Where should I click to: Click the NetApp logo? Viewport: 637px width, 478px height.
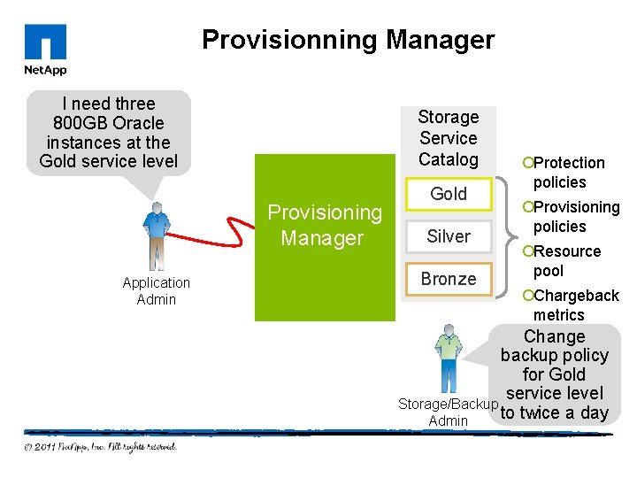(45, 50)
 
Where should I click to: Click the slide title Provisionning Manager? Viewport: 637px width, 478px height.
(348, 40)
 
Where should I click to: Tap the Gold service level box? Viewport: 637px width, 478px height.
(448, 194)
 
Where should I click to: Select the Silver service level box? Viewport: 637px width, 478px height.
(448, 236)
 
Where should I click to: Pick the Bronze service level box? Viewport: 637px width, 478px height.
(448, 279)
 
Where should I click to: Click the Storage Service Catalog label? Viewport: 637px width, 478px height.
(448, 138)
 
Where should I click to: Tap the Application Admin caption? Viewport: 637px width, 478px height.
(157, 291)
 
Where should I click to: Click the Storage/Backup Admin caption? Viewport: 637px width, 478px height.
(448, 412)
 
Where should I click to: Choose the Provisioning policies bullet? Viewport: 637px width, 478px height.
(572, 216)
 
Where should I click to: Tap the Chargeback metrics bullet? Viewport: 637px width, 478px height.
(572, 305)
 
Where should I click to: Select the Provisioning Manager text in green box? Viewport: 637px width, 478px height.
(324, 225)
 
